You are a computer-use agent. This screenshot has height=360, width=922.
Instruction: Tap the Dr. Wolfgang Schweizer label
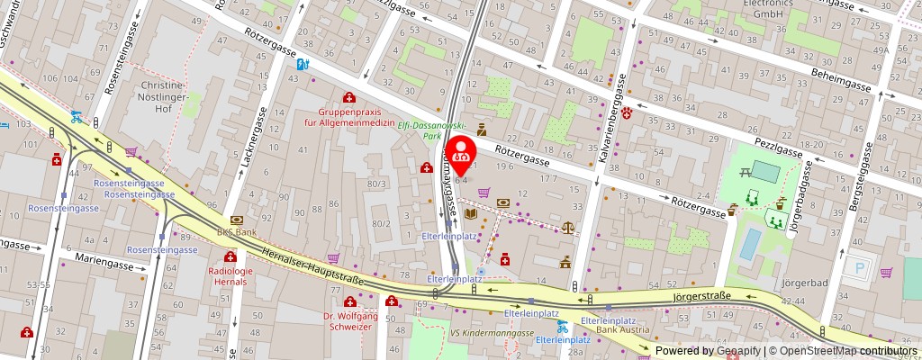pos(352,322)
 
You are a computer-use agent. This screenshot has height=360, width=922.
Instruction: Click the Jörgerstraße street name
pos(701,295)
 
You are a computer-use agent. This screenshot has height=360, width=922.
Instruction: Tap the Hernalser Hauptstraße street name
pos(312,269)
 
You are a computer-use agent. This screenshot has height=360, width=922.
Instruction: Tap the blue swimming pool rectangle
pos(748,243)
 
